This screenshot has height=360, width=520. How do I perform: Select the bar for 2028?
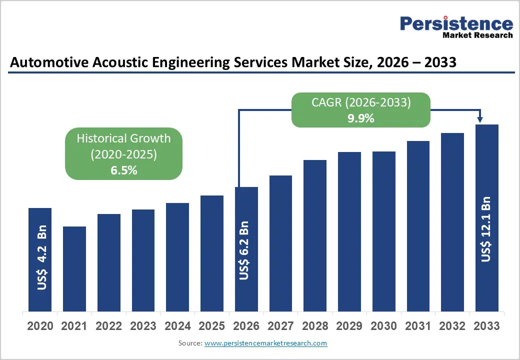point(314,235)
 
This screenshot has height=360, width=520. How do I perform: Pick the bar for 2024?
point(177,257)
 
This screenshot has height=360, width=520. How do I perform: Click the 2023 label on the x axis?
point(143,326)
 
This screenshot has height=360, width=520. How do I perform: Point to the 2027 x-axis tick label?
point(280,326)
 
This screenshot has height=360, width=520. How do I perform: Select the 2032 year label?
point(452,326)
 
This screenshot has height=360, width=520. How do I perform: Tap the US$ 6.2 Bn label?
point(244,250)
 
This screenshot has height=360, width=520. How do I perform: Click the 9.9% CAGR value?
point(361,118)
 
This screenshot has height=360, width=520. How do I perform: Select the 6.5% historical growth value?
point(123,170)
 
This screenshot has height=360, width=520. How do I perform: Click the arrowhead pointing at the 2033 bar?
point(480,119)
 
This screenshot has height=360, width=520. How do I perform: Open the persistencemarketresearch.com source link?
point(266,343)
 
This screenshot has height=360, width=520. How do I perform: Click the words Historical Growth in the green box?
point(123,138)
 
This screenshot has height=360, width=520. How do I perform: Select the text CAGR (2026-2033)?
point(361,102)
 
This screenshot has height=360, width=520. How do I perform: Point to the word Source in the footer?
point(189,343)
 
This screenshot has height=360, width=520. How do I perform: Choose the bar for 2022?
point(108,262)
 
